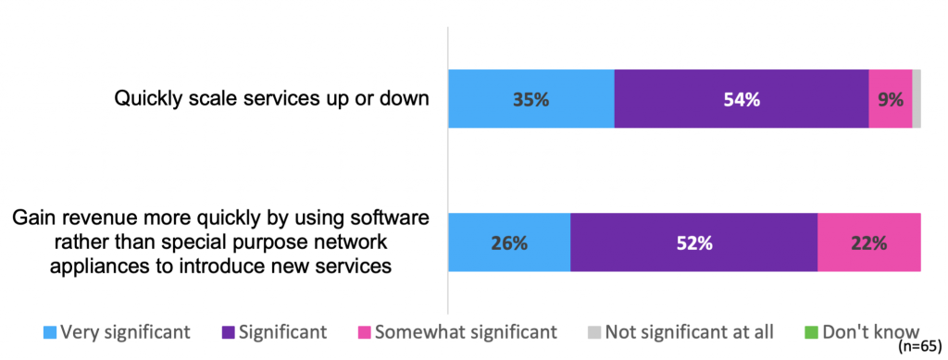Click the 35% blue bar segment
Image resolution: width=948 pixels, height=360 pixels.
530,98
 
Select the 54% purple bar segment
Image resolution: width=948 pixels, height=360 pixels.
741,98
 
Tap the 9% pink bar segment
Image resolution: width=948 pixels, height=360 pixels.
890,98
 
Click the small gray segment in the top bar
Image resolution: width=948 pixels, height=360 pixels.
917,98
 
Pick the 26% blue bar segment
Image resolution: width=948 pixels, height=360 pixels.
509,242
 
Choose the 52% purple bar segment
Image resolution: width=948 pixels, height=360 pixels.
693,242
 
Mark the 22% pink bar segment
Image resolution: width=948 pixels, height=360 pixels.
868,242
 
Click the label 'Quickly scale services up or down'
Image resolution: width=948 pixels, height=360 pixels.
271,98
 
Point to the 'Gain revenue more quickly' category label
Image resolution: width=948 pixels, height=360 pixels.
219,242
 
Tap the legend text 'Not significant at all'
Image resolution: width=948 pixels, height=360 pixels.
694,331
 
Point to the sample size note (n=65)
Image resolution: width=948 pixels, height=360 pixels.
920,349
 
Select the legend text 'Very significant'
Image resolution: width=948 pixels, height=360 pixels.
125,331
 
